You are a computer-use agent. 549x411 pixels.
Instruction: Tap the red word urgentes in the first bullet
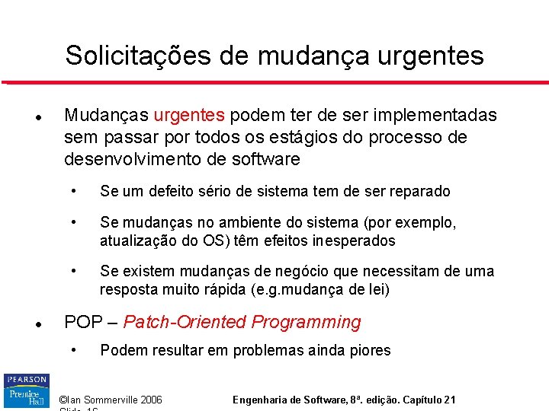click(x=189, y=116)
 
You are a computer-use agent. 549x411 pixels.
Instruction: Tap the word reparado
click(x=418, y=192)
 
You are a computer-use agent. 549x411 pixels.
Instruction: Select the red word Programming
click(x=307, y=323)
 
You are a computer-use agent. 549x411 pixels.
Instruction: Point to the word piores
click(x=369, y=351)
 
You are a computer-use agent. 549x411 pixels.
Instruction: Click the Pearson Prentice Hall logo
click(x=26, y=391)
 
